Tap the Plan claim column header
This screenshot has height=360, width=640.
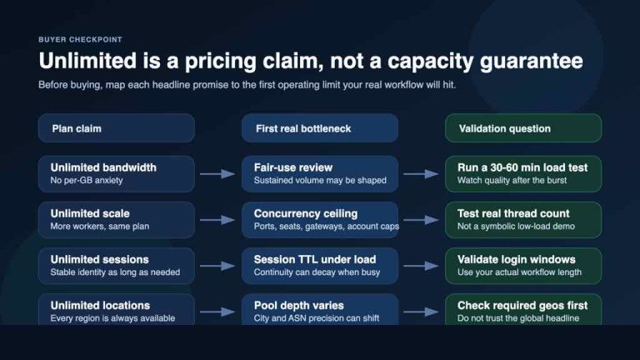tap(116, 128)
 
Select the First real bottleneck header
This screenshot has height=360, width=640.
tap(319, 128)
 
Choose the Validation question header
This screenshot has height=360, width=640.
tap(522, 128)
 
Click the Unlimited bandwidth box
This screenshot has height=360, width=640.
tap(116, 173)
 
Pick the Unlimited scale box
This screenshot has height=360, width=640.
tap(116, 220)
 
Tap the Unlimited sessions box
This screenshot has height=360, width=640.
tap(116, 265)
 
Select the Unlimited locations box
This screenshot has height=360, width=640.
tap(116, 310)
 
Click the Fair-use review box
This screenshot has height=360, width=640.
tap(319, 173)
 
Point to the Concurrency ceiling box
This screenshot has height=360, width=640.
tap(319, 220)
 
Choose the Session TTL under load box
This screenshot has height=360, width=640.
tap(319, 265)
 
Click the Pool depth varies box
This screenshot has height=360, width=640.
tap(319, 310)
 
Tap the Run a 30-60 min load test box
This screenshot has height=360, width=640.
tap(522, 173)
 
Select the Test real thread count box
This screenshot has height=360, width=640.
tap(522, 220)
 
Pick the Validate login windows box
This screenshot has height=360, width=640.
tap(522, 265)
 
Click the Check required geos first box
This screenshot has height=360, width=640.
tap(522, 310)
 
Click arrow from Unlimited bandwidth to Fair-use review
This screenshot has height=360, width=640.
tap(217, 174)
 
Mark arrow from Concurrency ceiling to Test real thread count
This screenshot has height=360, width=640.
tap(421, 220)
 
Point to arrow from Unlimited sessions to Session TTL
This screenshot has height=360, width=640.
tap(217, 266)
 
